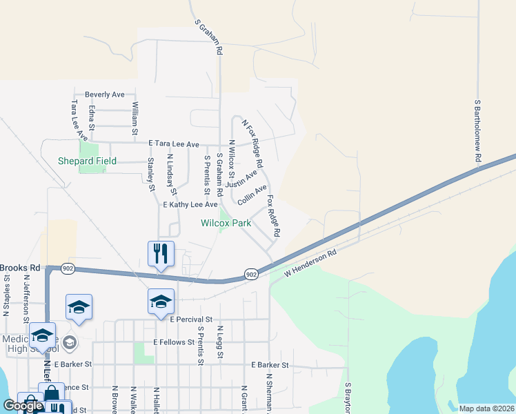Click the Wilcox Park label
(x=226, y=223)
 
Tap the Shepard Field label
(x=96, y=161)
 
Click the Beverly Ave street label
(x=104, y=95)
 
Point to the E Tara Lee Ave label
(x=174, y=144)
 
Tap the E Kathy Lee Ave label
(x=190, y=205)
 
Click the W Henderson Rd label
(x=310, y=264)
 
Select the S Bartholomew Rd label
(x=477, y=132)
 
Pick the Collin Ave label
(x=252, y=195)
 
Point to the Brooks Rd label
(x=21, y=268)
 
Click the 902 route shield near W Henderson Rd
(x=251, y=275)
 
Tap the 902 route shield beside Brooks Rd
(x=67, y=268)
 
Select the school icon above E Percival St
(x=161, y=300)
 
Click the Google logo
(x=23, y=406)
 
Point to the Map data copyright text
(x=486, y=408)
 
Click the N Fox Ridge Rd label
(x=252, y=144)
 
